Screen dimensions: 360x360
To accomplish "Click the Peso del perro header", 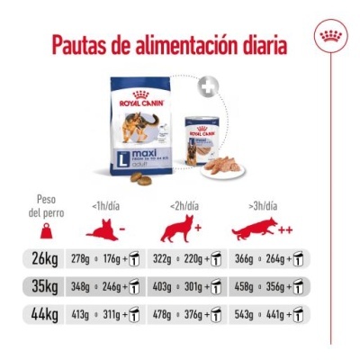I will tap(46, 206).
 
